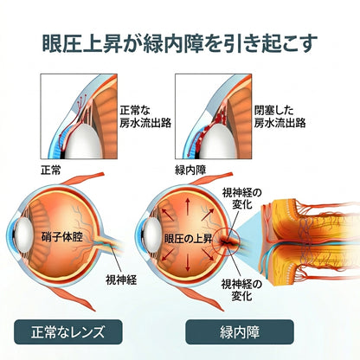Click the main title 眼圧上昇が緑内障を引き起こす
click(180, 44)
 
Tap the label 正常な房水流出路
click(145, 117)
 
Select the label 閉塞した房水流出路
click(280, 117)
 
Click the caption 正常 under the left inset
click(51, 170)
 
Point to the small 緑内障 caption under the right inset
click(190, 170)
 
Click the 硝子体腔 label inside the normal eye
click(62, 237)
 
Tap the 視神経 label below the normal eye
click(121, 280)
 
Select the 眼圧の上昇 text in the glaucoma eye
click(188, 239)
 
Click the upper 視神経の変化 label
click(242, 199)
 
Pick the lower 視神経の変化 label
click(241, 290)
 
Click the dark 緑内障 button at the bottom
click(240, 332)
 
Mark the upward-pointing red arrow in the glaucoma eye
click(188, 206)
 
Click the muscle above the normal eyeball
click(83, 179)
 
